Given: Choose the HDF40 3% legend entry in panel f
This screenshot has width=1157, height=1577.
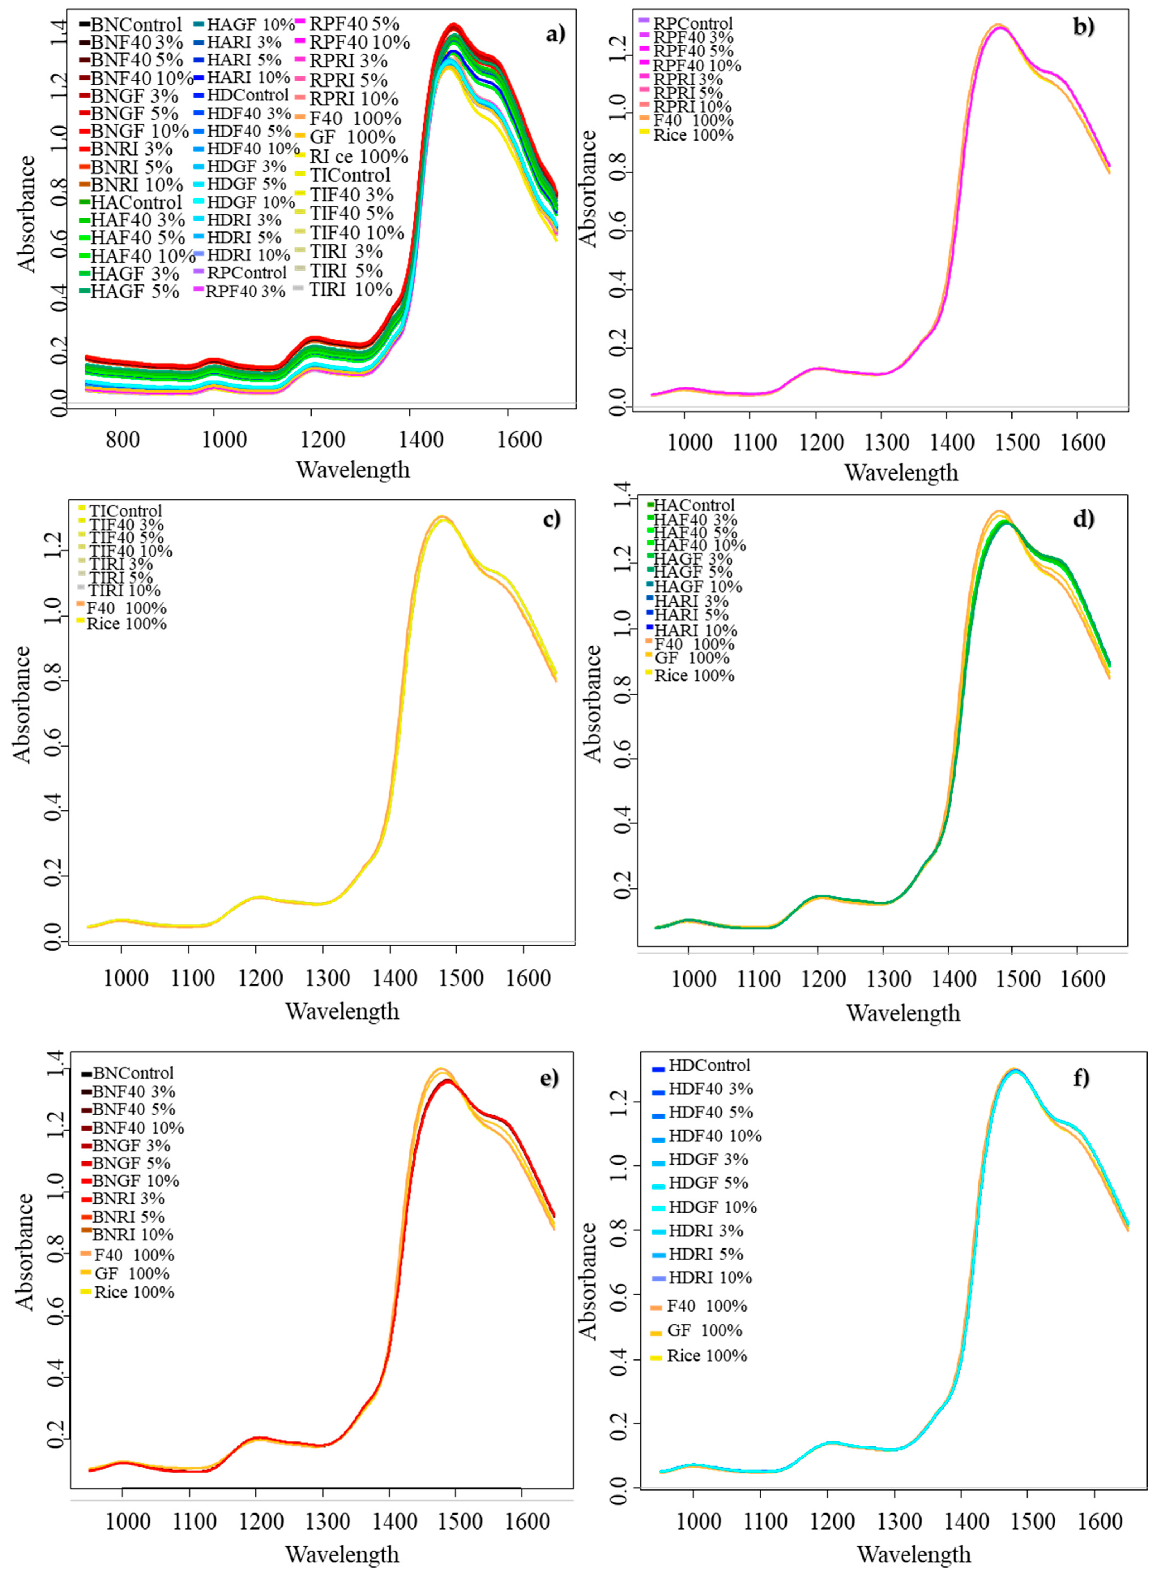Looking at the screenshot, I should click(x=710, y=1089).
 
